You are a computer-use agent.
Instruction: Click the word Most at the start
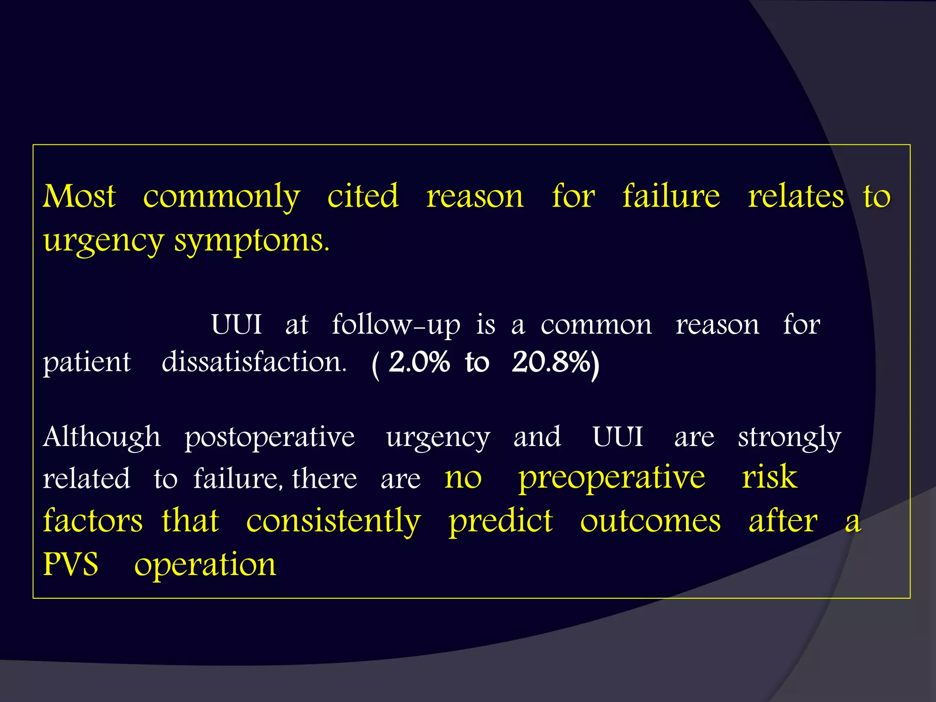79,197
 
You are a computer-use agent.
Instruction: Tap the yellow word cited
363,197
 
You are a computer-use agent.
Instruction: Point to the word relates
796,197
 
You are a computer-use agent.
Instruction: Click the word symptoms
251,241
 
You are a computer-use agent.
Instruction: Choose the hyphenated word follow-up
396,325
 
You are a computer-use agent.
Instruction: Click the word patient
87,363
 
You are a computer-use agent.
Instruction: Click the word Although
101,437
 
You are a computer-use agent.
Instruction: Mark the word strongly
789,438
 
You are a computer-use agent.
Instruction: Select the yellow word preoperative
612,478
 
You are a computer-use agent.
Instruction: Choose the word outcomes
650,521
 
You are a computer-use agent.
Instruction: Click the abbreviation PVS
70,564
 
